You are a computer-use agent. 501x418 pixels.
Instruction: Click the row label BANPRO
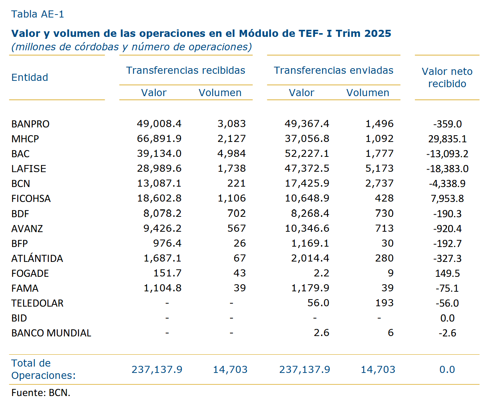(x=30, y=124)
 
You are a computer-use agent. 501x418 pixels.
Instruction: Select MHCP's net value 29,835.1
(x=447, y=139)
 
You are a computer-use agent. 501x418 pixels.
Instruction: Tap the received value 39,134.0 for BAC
(x=159, y=153)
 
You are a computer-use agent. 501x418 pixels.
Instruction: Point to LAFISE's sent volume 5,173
(x=379, y=168)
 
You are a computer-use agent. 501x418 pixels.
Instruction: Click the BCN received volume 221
(x=236, y=183)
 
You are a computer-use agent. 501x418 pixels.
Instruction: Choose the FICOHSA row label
(x=31, y=199)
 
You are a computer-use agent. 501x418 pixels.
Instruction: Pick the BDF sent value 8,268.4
(x=310, y=213)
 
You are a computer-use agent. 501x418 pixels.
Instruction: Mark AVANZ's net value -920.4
(x=447, y=228)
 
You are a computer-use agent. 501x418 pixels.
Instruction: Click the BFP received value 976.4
(x=167, y=243)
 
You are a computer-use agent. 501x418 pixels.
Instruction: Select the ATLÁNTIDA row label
(x=37, y=258)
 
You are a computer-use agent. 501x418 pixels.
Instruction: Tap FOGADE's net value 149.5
(x=447, y=273)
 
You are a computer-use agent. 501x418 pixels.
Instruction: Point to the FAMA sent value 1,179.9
(x=310, y=288)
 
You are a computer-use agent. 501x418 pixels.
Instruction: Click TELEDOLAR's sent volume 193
(x=384, y=303)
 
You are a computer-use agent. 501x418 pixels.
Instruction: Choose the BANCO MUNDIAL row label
(x=51, y=333)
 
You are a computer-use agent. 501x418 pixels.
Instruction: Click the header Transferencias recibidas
(x=186, y=70)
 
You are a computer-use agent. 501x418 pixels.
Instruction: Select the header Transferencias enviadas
(x=334, y=70)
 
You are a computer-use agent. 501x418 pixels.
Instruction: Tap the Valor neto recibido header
(x=447, y=77)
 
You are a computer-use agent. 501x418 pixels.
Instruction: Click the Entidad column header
(x=30, y=77)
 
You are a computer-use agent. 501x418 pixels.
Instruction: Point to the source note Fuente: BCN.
(x=41, y=393)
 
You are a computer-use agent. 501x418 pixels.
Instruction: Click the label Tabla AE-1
(x=38, y=14)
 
